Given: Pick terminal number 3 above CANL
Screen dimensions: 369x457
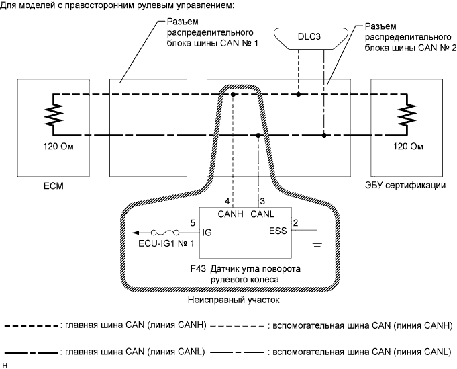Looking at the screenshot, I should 262,201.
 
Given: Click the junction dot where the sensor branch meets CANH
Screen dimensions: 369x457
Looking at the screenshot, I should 233,95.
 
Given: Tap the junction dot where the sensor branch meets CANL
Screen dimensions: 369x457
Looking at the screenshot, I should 258,135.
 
